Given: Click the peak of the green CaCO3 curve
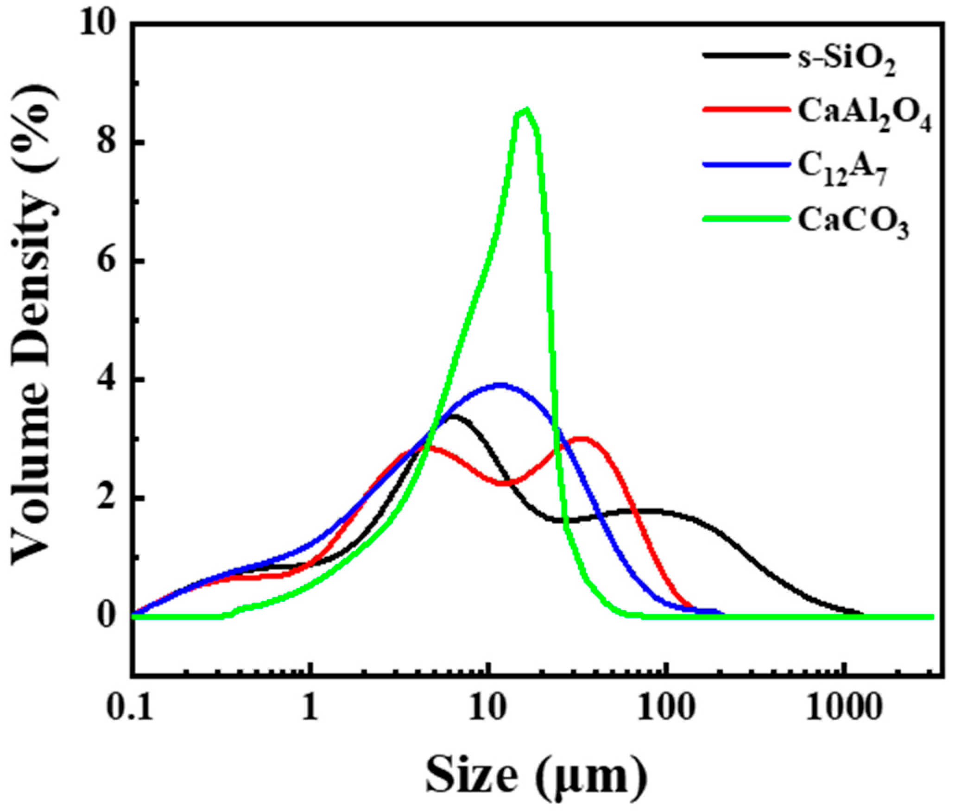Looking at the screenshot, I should (x=525, y=110).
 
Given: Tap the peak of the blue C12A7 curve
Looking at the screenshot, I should (x=500, y=385).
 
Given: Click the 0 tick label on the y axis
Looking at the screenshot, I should (x=108, y=616).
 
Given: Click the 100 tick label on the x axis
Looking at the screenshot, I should (x=665, y=708).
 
